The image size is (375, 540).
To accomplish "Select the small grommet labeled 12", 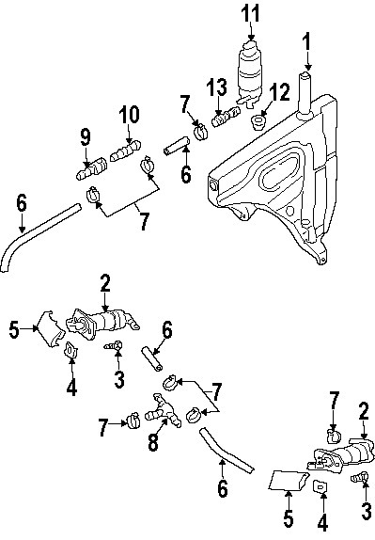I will [258, 121].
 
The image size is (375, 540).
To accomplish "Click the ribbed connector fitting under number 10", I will [126, 151].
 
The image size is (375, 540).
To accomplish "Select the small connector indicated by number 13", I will [222, 119].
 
